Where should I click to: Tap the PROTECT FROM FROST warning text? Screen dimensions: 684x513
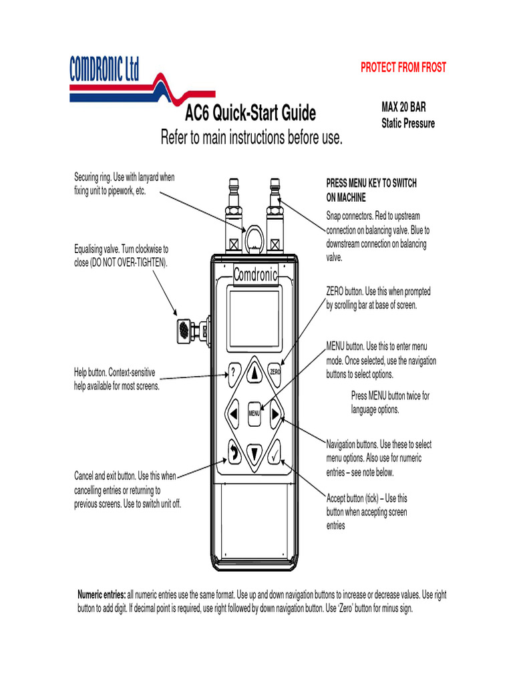coord(403,67)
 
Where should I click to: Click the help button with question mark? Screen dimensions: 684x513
coord(233,372)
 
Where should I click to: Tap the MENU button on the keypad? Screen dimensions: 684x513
coord(254,413)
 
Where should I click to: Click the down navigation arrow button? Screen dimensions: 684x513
coord(254,453)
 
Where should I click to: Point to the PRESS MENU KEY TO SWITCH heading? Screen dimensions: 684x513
coord(371,183)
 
